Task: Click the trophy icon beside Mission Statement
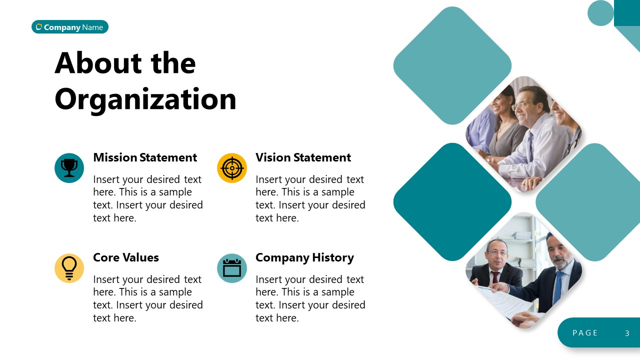69,168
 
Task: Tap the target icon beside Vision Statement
232,168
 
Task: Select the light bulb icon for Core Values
69,268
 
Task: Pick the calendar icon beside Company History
232,268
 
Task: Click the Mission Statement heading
145,157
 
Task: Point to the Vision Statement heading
303,157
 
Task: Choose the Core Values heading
126,257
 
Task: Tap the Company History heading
304,257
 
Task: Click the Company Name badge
70,27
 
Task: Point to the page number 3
627,333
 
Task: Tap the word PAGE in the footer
585,333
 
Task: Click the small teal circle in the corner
600,13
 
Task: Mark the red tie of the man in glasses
495,277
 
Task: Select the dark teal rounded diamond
452,202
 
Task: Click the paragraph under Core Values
148,298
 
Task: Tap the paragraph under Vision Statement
310,198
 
